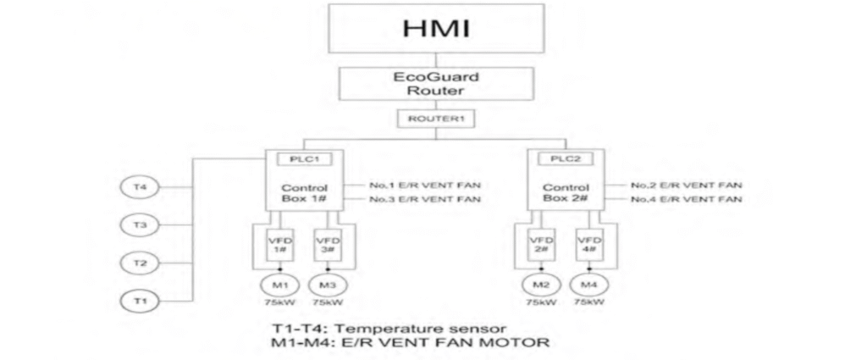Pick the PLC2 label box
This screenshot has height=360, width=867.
(x=559, y=158)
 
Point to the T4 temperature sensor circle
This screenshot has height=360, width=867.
(x=141, y=188)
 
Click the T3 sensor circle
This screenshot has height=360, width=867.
(x=141, y=226)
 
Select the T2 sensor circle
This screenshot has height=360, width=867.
(x=141, y=263)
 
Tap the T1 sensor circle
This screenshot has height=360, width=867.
(x=141, y=300)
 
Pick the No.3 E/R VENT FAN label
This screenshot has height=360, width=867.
(x=425, y=199)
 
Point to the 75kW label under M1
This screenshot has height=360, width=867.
(x=282, y=302)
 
